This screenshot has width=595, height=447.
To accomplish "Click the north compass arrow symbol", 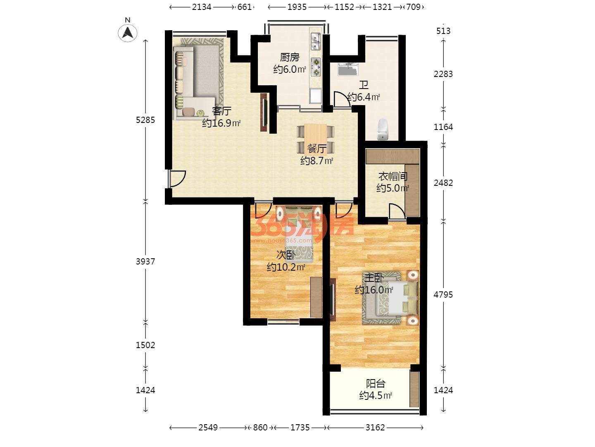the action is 127,33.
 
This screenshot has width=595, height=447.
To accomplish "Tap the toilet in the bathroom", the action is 383,129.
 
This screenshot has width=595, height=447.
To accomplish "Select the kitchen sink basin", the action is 315,41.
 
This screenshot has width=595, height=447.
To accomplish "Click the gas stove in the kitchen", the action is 316,67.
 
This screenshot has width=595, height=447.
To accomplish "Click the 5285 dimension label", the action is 145,120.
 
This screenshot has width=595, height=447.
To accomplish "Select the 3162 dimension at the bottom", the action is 375,428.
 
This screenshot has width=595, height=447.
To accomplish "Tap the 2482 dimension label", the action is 443,183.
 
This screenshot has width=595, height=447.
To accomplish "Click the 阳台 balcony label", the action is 376,384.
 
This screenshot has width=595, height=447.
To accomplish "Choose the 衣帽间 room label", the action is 393,176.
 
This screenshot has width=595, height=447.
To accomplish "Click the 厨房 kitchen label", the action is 290,57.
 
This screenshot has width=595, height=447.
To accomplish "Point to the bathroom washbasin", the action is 348,70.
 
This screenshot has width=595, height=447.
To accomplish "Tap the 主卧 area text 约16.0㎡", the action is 374,290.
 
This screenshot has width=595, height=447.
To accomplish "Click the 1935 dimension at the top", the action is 297,7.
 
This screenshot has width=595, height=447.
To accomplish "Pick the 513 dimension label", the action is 443,31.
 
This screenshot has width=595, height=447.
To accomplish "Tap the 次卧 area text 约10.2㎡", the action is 286,267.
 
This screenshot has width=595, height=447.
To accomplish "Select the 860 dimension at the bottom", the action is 260,428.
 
